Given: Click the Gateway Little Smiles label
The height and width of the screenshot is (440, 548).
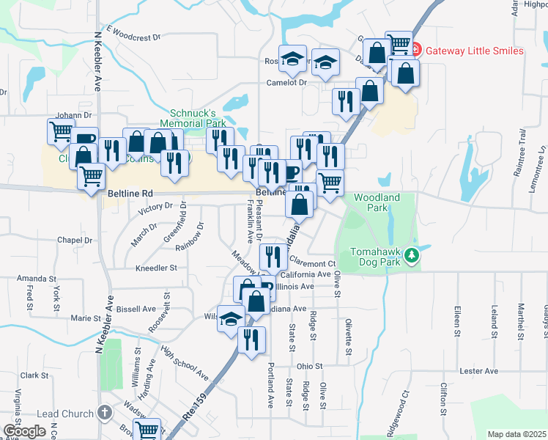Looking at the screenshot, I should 475,51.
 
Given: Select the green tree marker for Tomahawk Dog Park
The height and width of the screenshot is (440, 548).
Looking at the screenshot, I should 412,254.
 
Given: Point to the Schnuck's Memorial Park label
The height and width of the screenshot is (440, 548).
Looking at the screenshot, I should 193,119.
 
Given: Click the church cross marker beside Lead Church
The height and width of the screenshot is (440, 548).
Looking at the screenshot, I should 105,414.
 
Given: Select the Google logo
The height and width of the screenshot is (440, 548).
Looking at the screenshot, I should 23,431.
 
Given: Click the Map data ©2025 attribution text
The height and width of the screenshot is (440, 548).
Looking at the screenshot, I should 516,434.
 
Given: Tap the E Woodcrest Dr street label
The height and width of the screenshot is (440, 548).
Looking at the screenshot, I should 133,33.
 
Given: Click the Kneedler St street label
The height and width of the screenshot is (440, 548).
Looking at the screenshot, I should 157,268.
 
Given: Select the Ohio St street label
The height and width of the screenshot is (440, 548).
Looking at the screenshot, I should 309,366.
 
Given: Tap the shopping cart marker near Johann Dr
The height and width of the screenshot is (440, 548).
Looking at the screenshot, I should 60,132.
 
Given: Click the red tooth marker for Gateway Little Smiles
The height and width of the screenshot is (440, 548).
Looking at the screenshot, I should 415,50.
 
